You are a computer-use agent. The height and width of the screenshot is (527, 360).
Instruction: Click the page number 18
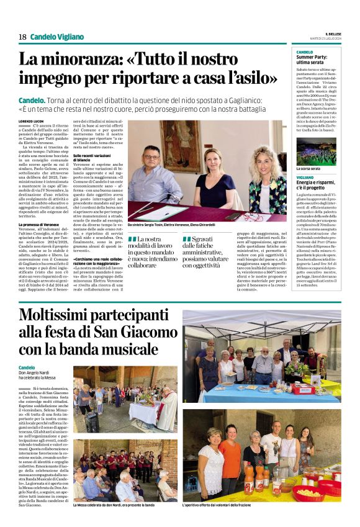tap(22, 37)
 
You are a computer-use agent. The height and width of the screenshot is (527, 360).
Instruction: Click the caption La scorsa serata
tap(308, 168)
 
